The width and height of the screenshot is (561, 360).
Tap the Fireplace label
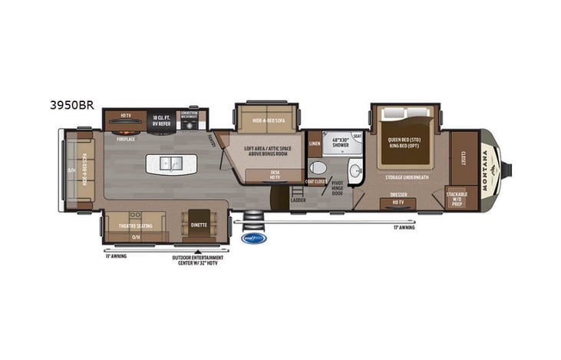125,140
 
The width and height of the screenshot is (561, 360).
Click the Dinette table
198,224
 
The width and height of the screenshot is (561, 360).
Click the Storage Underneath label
407,177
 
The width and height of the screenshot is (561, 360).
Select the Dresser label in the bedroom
398,194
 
